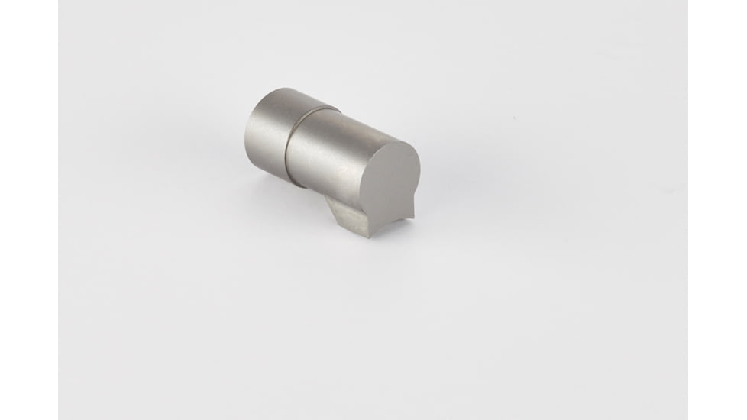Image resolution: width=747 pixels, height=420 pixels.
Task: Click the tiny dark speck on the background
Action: [514, 120]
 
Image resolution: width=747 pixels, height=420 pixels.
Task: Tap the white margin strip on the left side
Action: [28, 210]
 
